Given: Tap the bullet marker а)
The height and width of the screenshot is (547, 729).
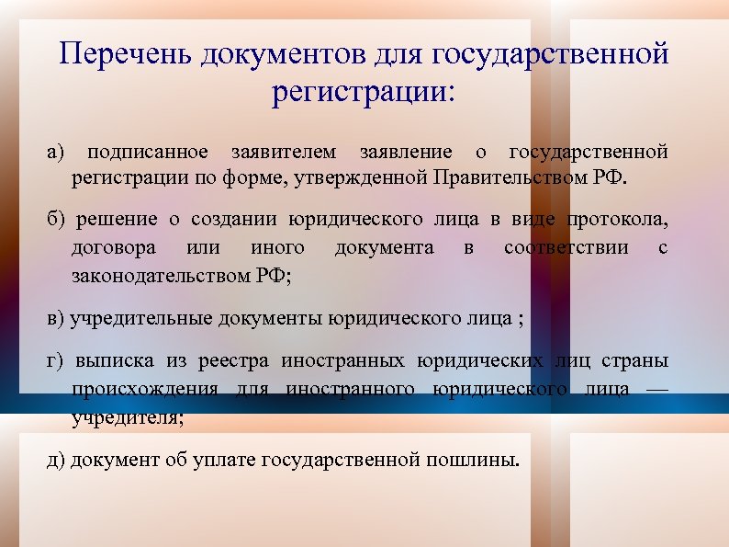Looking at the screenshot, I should [x=57, y=152].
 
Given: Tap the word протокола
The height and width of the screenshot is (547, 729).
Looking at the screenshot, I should [x=617, y=220].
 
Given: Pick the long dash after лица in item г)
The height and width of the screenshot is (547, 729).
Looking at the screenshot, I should [x=657, y=389].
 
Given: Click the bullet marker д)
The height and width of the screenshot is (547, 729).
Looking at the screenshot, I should [x=56, y=459].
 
